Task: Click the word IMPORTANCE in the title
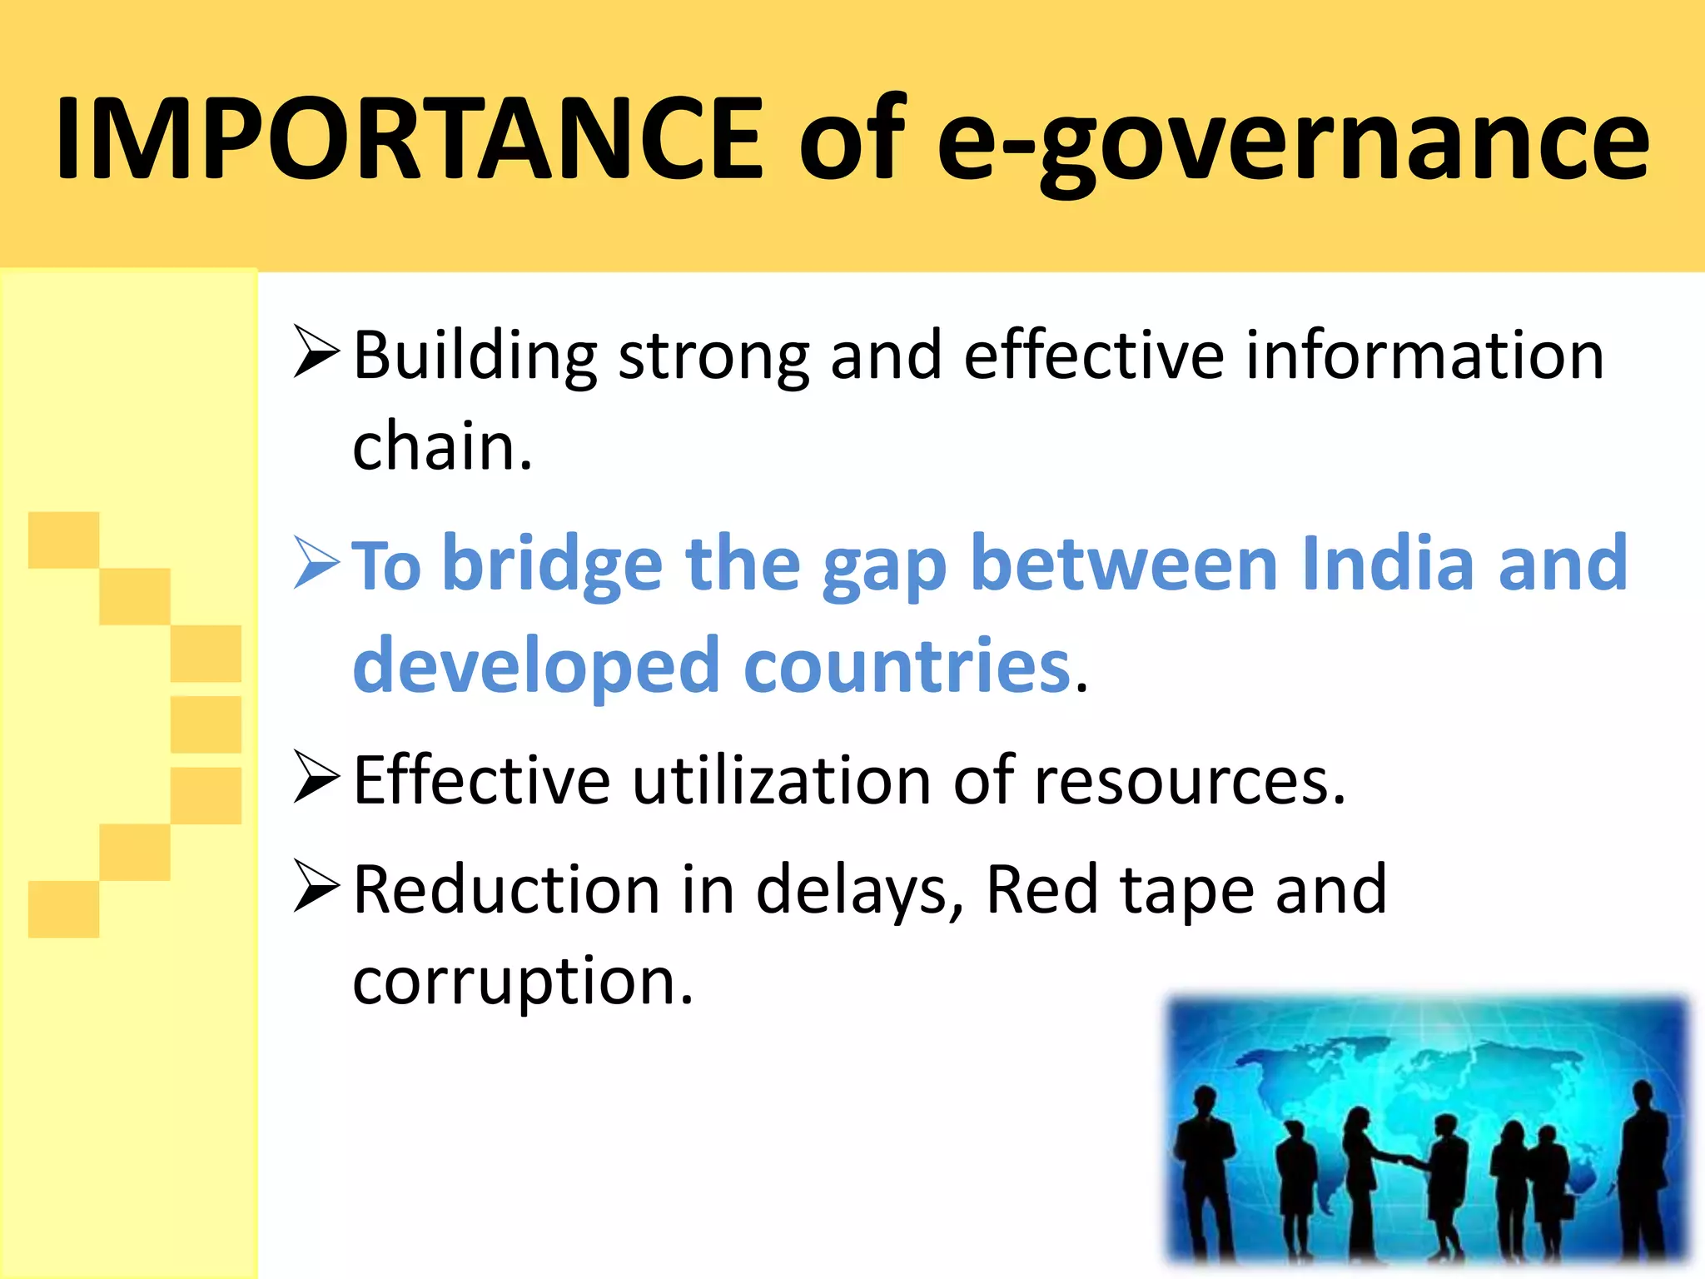coord(408,137)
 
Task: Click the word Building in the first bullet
coord(475,356)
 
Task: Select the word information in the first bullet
coord(1424,356)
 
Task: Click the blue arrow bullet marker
coord(317,564)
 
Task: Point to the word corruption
coord(522,983)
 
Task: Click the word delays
coord(857,891)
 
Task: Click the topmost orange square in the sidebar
coord(63,540)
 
